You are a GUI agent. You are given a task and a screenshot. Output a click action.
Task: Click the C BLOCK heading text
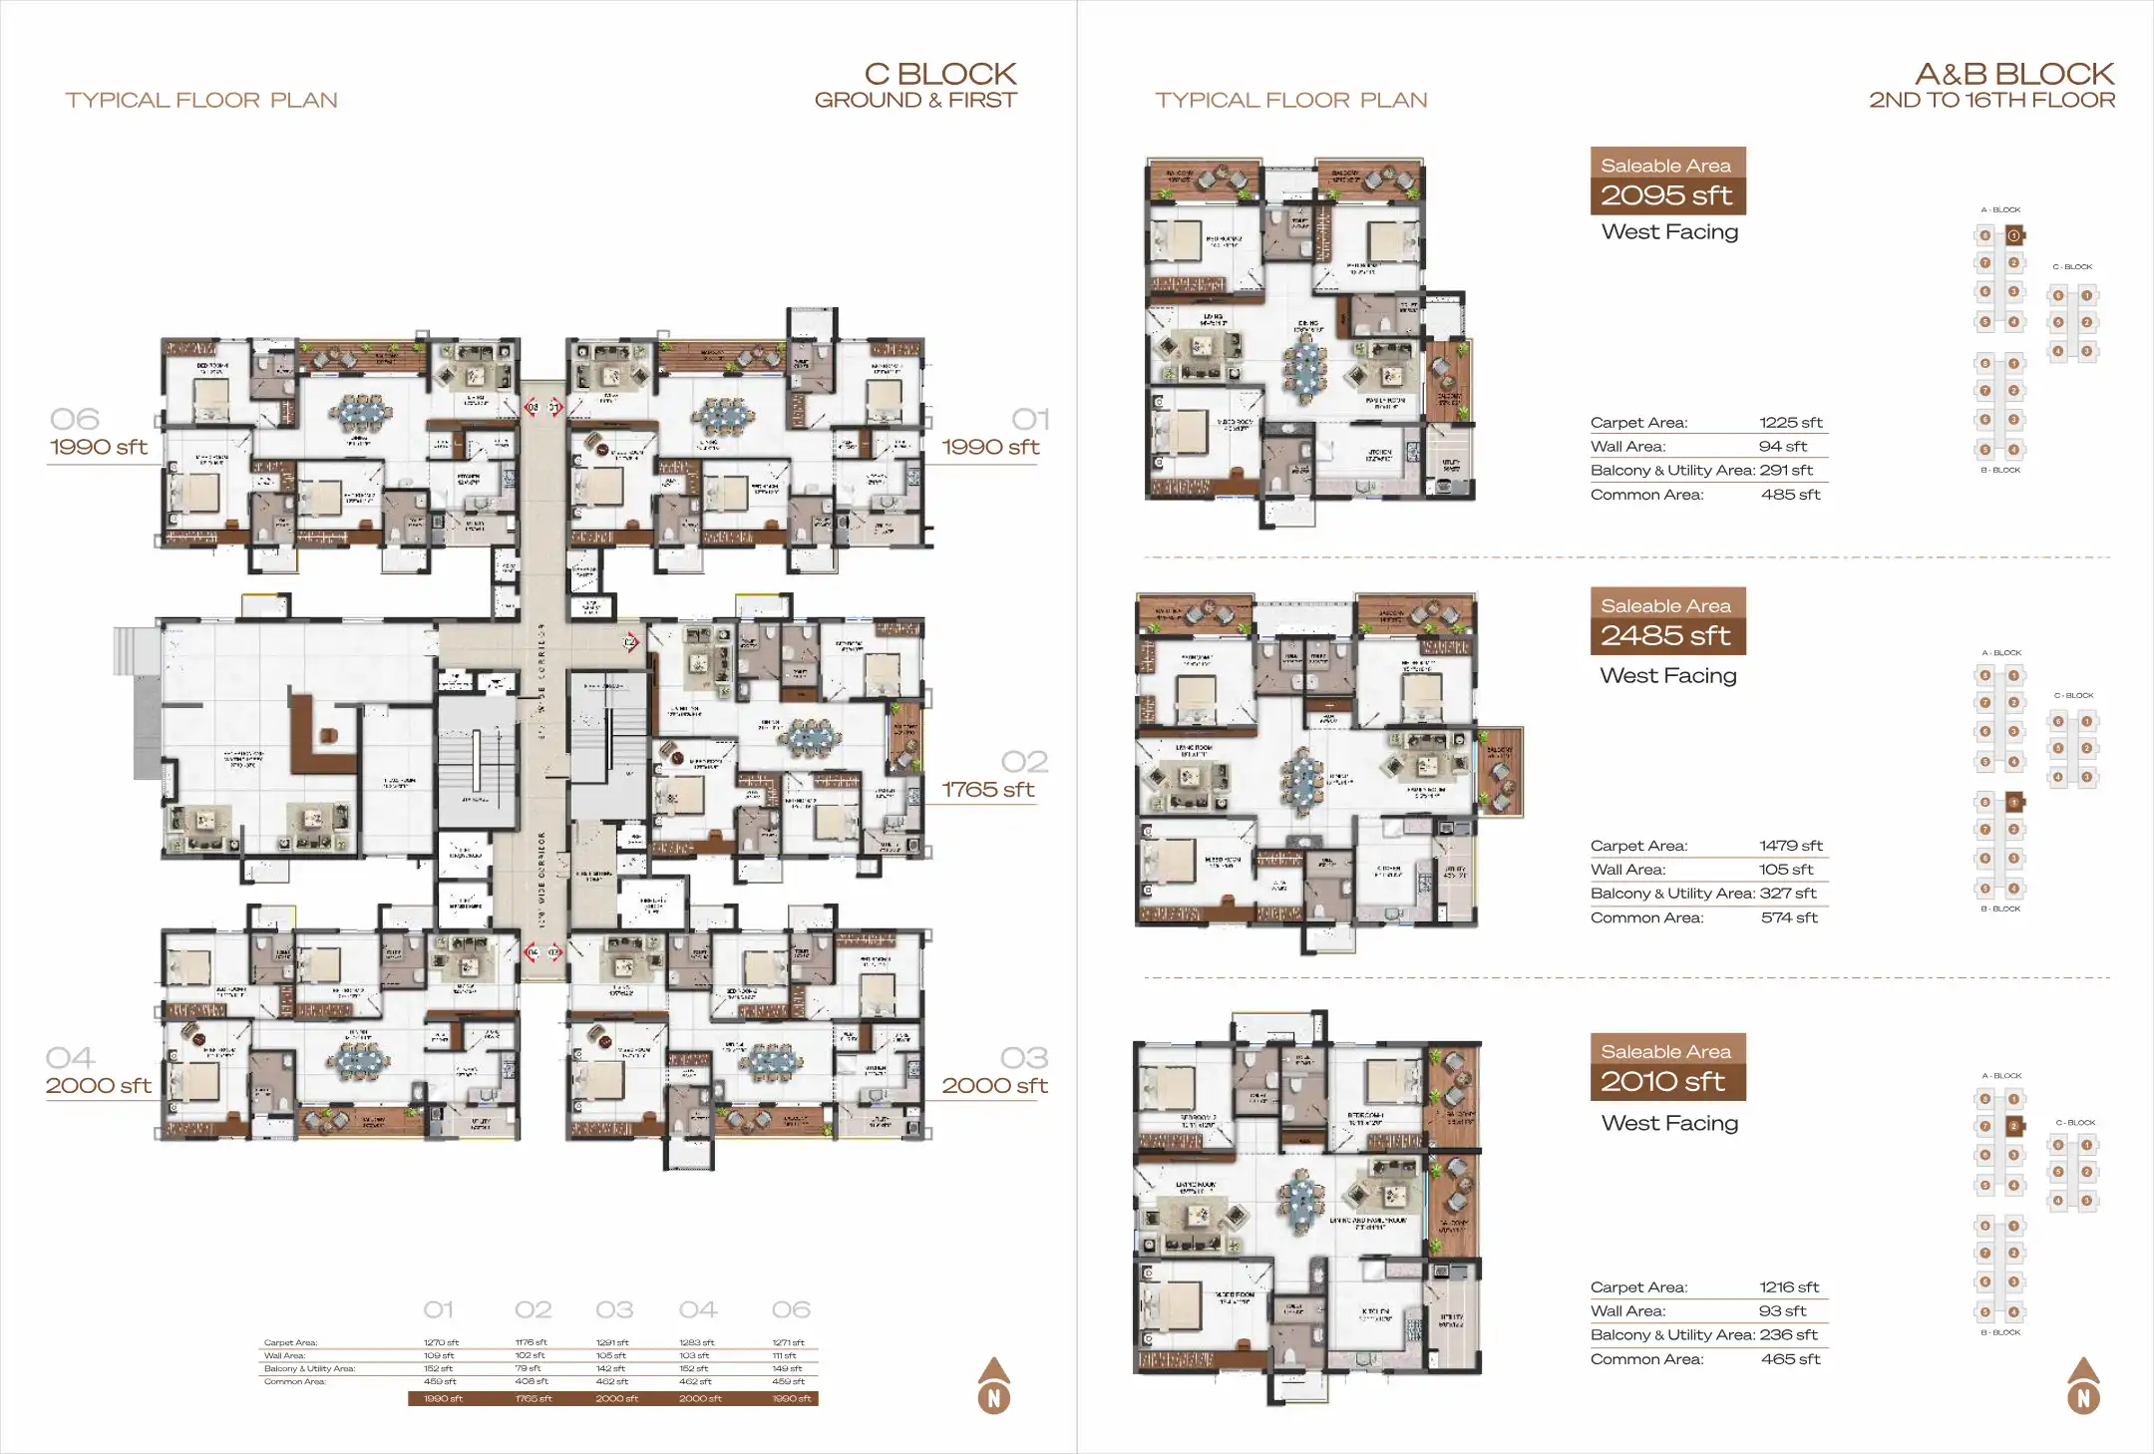point(939,74)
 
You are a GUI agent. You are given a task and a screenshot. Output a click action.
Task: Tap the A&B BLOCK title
point(2013,74)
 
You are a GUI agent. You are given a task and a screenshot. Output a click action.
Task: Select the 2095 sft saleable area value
point(1665,195)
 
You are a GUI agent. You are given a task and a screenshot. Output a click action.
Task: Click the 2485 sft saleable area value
point(1665,635)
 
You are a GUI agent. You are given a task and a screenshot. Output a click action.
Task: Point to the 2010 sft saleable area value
point(1662,1081)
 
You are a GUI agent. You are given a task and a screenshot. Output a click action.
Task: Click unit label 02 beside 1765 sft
point(1024,762)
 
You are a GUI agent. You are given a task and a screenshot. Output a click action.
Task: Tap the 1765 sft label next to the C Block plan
point(987,790)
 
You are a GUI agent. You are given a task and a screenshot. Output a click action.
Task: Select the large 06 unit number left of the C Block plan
point(75,419)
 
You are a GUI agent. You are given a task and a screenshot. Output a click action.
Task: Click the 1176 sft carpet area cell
point(531,1342)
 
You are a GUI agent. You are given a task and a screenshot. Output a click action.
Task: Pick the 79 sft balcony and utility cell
point(528,1368)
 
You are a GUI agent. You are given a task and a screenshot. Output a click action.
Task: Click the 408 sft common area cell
point(531,1381)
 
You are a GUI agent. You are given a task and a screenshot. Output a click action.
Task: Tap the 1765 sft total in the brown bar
point(533,1398)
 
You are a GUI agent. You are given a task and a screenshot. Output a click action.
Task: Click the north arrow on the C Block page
point(993,1386)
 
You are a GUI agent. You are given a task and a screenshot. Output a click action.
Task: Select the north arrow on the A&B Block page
point(2083,1386)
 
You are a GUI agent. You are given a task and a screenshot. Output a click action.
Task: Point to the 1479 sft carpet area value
point(1790,846)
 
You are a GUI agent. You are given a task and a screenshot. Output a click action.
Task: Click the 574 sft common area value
point(1789,917)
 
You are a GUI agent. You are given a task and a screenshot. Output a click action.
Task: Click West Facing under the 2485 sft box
point(1668,676)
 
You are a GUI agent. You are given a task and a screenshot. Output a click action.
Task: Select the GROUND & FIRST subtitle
point(915,100)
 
